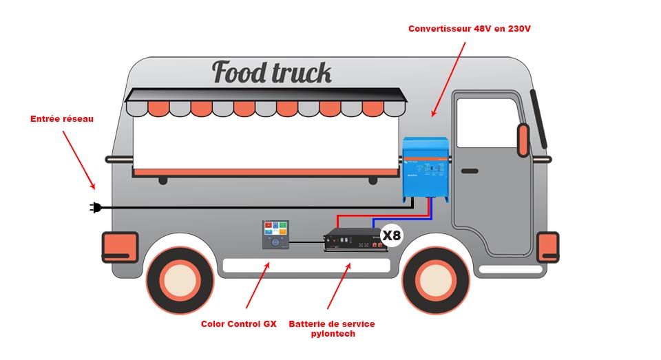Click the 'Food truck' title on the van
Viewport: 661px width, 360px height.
point(271,72)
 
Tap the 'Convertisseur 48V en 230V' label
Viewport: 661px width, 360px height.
point(470,29)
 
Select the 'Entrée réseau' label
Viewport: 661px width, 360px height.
point(62,119)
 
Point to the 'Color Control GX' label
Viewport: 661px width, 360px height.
point(238,324)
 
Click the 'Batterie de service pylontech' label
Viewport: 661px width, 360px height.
point(332,328)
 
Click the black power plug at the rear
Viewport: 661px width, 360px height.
point(96,207)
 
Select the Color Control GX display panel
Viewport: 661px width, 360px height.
point(275,235)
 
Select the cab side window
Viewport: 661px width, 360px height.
point(487,123)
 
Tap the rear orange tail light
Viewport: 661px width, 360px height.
point(120,247)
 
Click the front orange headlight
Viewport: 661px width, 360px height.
point(548,246)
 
